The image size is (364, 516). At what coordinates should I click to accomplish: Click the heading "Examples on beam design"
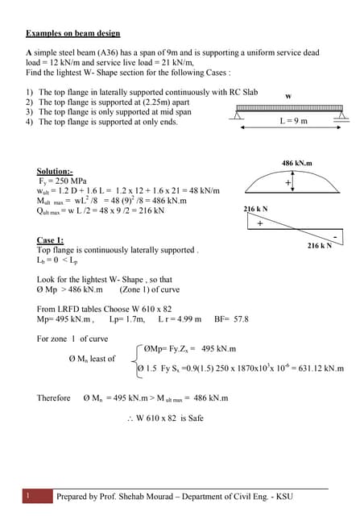[x=73, y=33]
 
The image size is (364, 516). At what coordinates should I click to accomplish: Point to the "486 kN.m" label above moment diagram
[x=296, y=163]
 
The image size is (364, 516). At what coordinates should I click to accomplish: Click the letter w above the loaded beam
[x=288, y=96]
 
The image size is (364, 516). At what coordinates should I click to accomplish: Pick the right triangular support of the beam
[x=342, y=114]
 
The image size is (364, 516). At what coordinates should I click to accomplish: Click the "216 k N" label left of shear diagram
[x=255, y=209]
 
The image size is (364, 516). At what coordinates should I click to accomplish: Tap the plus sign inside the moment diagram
[x=287, y=183]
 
